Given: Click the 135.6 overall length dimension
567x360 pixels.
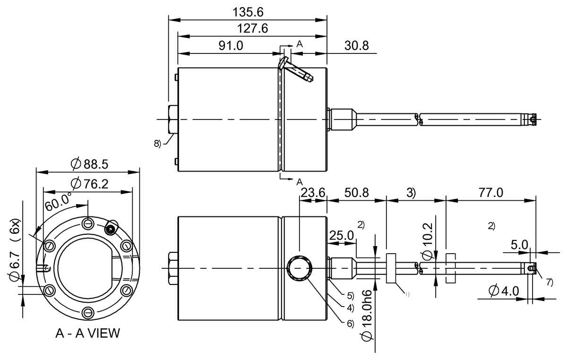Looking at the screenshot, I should [248, 11].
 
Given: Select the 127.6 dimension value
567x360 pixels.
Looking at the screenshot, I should [252, 28].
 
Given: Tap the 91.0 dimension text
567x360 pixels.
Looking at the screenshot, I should [230, 45].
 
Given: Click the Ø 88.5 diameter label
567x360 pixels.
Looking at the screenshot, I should [89, 164].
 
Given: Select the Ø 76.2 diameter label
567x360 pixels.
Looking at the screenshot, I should [89, 183].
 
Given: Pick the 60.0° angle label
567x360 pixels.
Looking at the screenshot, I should [59, 203].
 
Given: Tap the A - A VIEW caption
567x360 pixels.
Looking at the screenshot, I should [87, 334].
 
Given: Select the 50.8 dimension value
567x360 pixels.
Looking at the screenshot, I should [357, 192].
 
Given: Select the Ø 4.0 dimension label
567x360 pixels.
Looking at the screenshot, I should [504, 291].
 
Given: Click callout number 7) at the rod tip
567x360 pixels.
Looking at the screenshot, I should [549, 282].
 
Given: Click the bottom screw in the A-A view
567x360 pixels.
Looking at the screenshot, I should [88, 311].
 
